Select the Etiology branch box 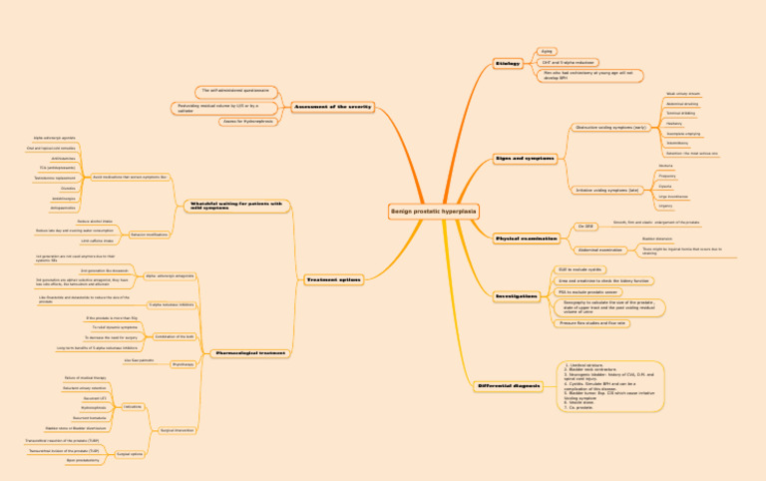click(507, 64)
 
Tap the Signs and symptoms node click(524, 159)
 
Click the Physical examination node click(527, 239)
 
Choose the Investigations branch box click(517, 296)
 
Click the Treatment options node click(333, 279)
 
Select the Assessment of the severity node click(332, 106)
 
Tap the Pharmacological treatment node click(250, 353)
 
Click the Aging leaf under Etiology click(547, 50)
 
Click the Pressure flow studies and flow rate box click(592, 322)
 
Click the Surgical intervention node click(177, 430)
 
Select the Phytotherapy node click(183, 365)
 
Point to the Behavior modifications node click(149, 235)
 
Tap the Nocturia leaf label click(666, 166)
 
